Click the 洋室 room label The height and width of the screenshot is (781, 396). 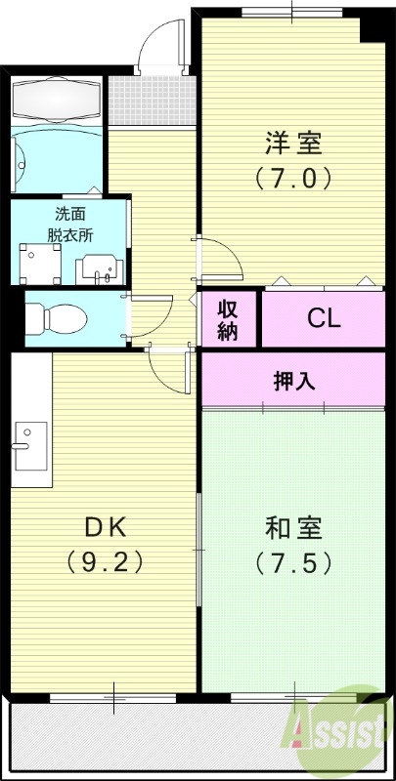[293, 144]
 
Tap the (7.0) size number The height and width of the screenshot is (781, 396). [293, 178]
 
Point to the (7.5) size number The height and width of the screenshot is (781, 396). [293, 563]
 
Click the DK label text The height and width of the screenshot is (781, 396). [105, 527]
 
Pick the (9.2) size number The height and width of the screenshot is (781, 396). [105, 562]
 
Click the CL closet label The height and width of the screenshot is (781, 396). [324, 318]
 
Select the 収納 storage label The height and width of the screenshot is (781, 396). [228, 319]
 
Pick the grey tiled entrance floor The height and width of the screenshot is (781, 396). [147, 99]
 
